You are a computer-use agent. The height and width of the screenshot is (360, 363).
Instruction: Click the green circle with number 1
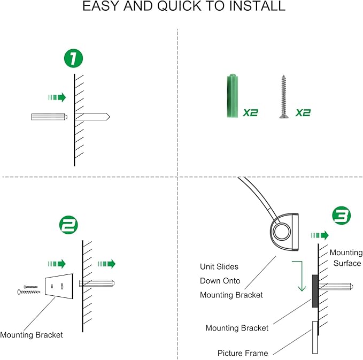(73, 58)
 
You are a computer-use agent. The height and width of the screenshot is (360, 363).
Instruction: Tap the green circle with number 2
(68, 225)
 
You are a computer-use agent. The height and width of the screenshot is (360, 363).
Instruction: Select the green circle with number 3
(342, 215)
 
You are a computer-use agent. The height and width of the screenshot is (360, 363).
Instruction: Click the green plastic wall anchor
(233, 95)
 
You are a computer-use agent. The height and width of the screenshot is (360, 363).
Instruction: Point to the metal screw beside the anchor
(283, 96)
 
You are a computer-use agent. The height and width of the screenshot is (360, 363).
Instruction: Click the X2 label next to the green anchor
(250, 113)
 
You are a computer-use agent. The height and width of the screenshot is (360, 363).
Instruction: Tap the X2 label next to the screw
(303, 113)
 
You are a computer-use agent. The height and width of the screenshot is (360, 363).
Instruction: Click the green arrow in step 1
(57, 97)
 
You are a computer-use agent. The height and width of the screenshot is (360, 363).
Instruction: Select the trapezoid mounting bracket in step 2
(59, 286)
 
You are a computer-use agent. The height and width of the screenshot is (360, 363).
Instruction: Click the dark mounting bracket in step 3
(315, 291)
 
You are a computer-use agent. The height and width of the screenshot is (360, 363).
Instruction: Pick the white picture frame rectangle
(315, 338)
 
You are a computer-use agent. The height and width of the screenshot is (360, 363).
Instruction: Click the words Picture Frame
(243, 353)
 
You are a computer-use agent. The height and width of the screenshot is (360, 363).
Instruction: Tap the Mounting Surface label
(346, 258)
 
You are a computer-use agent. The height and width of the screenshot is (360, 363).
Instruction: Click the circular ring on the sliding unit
(282, 232)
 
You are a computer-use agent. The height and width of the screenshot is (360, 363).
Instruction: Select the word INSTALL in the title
(257, 6)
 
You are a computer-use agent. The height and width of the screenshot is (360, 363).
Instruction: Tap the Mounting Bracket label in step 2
(32, 335)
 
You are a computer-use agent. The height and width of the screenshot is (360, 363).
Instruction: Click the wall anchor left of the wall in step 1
(49, 117)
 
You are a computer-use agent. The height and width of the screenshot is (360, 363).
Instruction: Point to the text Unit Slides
(219, 266)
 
